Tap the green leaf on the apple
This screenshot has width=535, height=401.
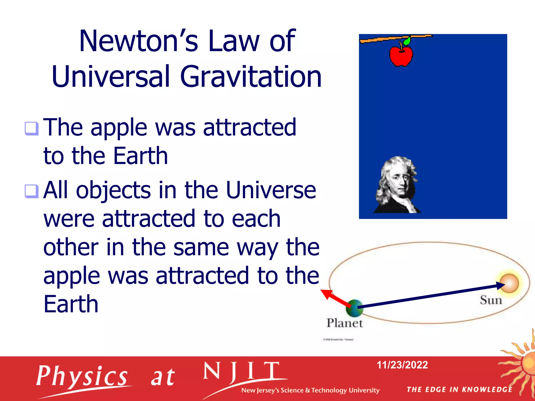click(407, 41)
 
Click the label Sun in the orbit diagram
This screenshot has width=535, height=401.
click(491, 300)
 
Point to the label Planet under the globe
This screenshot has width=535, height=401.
click(345, 323)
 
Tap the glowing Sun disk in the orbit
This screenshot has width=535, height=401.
click(509, 283)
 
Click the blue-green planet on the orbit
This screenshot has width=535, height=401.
click(354, 308)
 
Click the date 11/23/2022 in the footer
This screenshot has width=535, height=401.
click(402, 365)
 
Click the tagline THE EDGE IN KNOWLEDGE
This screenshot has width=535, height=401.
click(459, 390)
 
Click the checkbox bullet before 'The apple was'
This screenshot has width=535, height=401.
click(32, 128)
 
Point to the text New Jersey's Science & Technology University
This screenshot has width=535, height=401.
click(310, 390)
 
